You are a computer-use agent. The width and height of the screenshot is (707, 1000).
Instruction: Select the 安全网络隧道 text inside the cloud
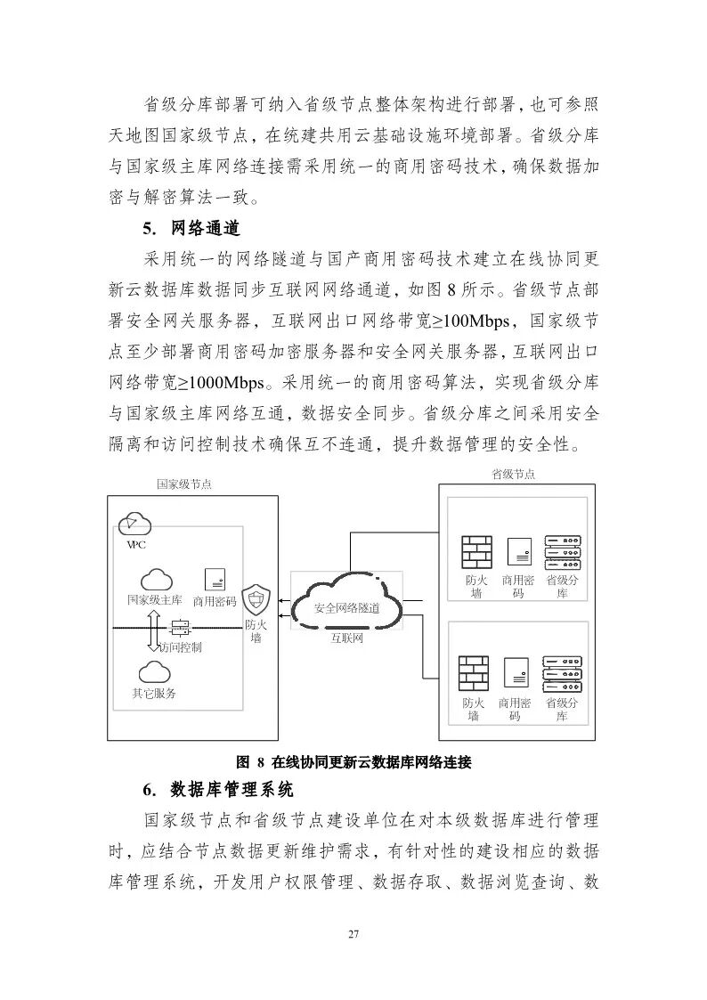347,608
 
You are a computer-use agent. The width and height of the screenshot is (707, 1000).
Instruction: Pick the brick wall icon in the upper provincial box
476,552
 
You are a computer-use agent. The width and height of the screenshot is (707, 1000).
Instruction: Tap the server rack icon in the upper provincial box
561,552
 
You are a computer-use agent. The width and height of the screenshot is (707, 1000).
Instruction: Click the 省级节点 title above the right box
514,475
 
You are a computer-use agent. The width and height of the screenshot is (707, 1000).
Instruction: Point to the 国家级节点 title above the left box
184,484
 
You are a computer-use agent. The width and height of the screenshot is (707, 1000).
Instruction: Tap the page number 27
353,934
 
